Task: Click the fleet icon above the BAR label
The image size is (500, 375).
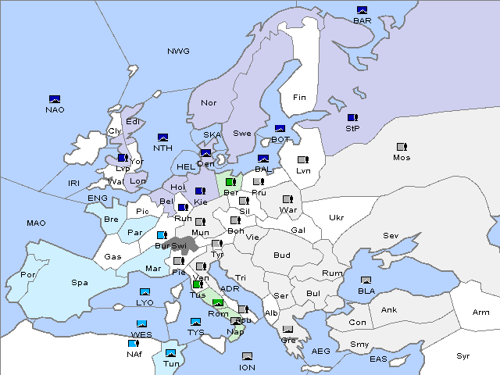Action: (x=362, y=10)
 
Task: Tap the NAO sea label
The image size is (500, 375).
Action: (x=55, y=109)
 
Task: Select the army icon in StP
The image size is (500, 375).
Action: (x=352, y=117)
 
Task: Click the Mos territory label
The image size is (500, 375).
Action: (x=402, y=158)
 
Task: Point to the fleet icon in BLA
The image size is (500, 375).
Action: (x=366, y=280)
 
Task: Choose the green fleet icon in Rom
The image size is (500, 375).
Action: (x=218, y=303)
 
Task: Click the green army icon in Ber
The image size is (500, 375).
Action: (x=230, y=182)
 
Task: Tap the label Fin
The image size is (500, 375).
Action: (x=299, y=98)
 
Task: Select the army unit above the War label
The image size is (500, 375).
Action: (x=287, y=199)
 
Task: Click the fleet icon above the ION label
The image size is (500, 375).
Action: (x=248, y=356)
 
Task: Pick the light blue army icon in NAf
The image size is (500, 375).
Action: (x=134, y=343)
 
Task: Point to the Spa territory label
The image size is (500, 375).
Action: (x=80, y=282)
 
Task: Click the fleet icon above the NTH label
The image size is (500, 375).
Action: (x=163, y=137)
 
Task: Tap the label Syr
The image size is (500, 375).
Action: (x=464, y=355)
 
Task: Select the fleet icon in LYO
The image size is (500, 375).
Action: (x=145, y=292)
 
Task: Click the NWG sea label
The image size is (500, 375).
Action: (x=178, y=51)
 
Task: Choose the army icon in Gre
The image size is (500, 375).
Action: (x=288, y=330)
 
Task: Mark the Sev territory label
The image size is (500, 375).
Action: (x=391, y=235)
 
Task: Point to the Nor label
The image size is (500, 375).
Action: (x=209, y=102)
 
